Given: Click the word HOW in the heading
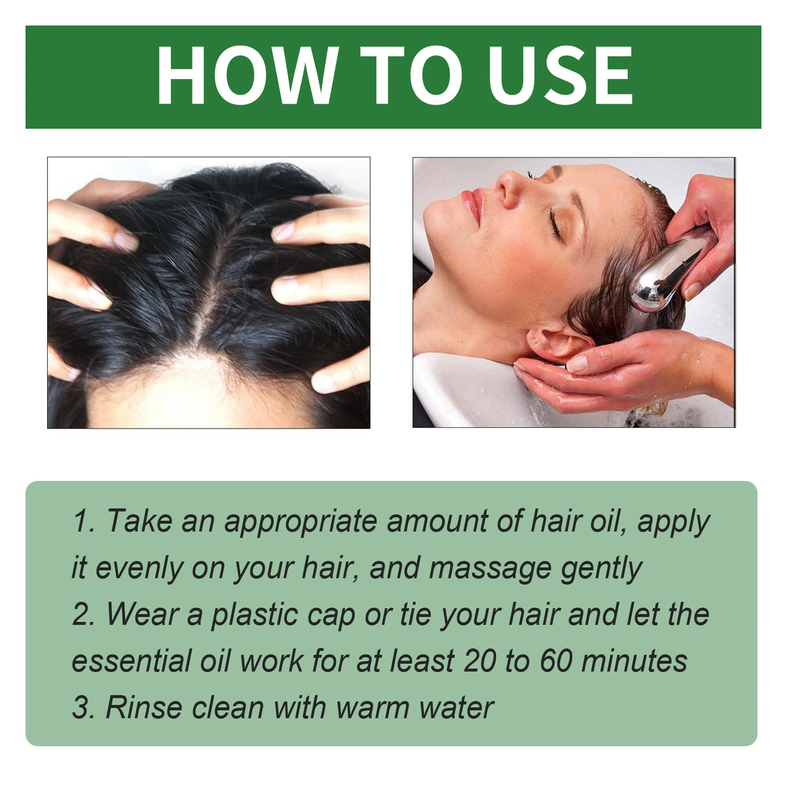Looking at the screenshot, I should tap(247, 76).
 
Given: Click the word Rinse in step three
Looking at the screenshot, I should tap(144, 708).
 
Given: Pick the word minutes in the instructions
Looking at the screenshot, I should tap(634, 662).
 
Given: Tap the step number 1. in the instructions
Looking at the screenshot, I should tap(84, 522).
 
